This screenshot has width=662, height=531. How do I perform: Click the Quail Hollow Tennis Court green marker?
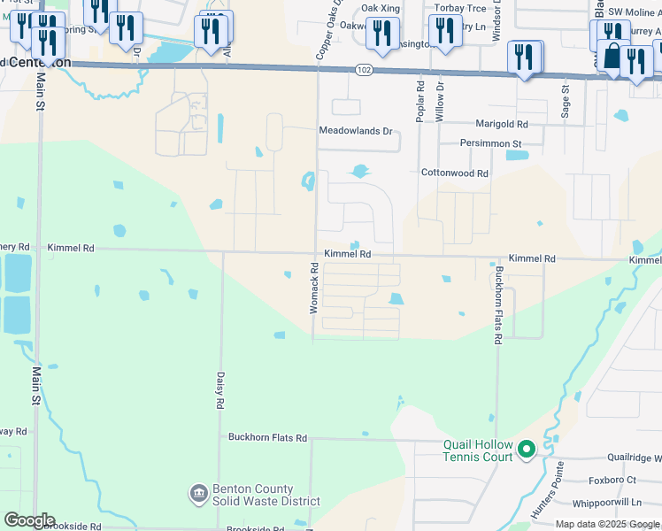(527, 450)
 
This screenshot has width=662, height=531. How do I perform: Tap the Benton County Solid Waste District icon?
(198, 492)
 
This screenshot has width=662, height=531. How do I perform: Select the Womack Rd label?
(313, 288)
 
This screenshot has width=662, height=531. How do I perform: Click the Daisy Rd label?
(219, 389)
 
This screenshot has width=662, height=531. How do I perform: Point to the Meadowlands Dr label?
(355, 131)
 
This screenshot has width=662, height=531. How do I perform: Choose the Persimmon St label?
(490, 143)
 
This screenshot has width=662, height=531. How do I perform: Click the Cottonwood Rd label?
(454, 174)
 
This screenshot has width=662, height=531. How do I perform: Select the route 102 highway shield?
(364, 68)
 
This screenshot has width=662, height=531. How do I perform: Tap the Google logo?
(29, 520)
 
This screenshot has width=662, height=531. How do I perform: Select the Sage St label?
(565, 93)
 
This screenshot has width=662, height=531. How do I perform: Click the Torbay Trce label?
(460, 8)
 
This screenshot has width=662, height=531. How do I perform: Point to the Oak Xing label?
(381, 8)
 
